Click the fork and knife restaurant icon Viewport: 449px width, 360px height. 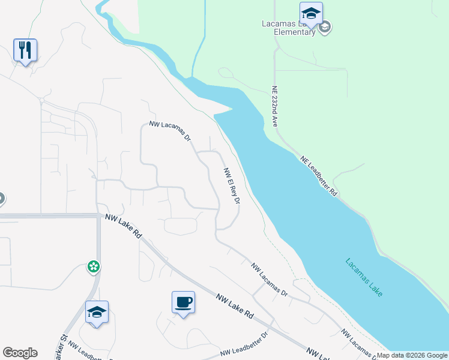(x=25, y=50)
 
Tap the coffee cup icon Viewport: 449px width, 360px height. (x=183, y=302)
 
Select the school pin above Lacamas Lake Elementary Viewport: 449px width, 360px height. (x=311, y=13)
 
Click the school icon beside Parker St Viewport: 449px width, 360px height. (x=97, y=312)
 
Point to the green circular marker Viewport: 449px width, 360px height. (x=93, y=266)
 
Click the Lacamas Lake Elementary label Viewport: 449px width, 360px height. (x=288, y=28)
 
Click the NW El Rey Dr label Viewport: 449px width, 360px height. (x=232, y=185)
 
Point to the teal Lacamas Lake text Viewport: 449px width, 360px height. (x=364, y=277)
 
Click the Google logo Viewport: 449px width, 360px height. (x=20, y=353)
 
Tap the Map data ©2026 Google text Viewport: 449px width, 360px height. (x=412, y=355)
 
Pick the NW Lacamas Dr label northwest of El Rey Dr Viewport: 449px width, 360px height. (x=170, y=131)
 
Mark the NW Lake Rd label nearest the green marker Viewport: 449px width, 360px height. (x=123, y=227)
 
